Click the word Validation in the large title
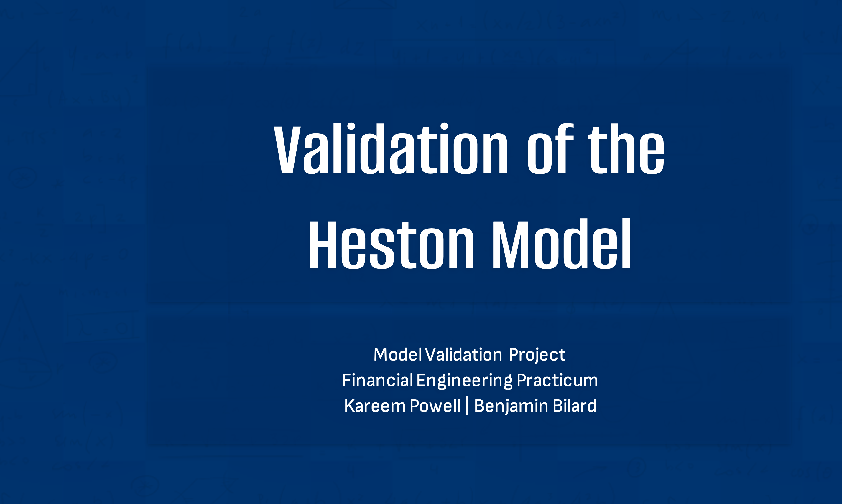pos(391,149)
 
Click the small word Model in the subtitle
pos(398,355)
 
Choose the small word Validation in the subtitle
pos(464,355)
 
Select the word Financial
pos(377,380)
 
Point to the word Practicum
pos(557,380)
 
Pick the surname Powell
pos(435,406)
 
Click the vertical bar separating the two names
pos(467,406)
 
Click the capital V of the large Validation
pos(287,150)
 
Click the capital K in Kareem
pos(350,406)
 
